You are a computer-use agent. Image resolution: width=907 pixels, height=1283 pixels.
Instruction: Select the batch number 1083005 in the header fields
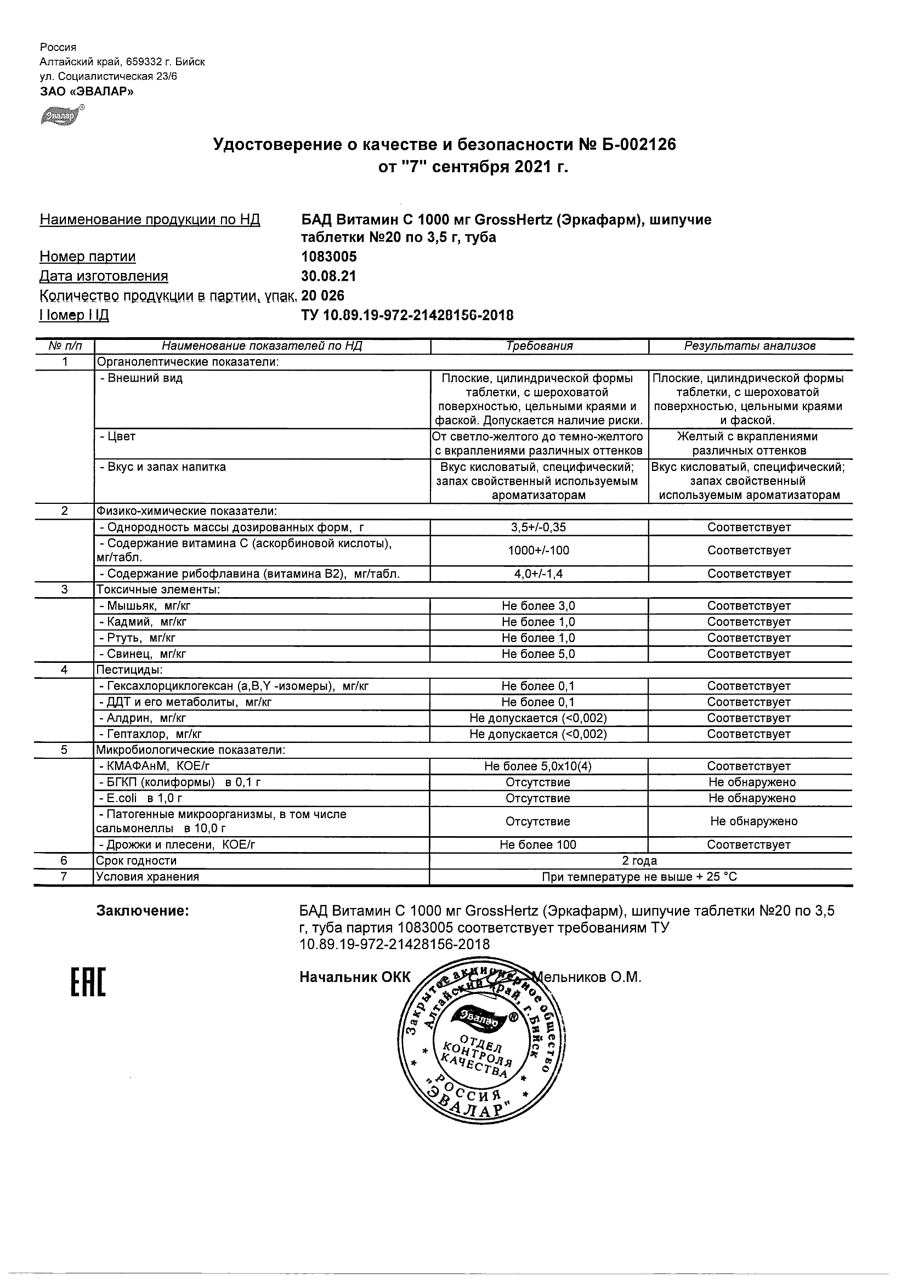point(328,257)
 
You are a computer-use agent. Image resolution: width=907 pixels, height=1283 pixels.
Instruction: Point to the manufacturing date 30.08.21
point(328,276)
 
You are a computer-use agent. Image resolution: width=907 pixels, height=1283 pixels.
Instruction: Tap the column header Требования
point(539,346)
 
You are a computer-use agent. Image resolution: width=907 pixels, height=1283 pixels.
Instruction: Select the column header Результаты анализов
point(750,346)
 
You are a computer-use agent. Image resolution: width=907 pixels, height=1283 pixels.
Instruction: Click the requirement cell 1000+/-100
point(538,550)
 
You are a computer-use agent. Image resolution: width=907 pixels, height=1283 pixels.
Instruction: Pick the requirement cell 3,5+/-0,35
point(538,527)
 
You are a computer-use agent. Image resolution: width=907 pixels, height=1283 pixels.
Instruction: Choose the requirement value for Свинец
point(538,654)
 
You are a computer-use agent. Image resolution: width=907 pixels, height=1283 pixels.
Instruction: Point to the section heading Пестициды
point(129,669)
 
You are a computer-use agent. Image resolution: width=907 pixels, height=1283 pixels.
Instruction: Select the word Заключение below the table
point(143,911)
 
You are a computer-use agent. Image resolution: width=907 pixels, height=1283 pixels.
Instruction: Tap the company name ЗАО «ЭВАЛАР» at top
point(87,92)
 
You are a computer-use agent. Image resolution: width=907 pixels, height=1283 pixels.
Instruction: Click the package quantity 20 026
point(323,296)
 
